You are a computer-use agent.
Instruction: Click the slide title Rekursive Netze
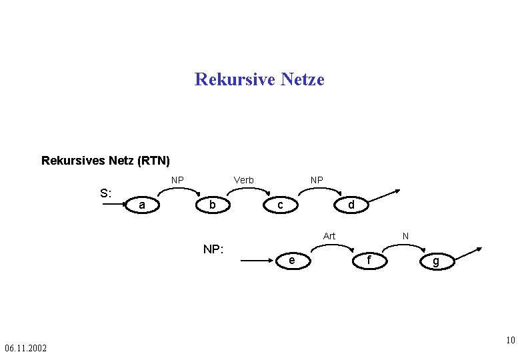[x=259, y=80]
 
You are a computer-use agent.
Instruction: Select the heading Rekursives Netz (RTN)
[x=105, y=161]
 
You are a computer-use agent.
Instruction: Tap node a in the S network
[x=142, y=205]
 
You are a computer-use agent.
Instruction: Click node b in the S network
[x=212, y=205]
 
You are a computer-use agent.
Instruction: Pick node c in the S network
[x=281, y=205]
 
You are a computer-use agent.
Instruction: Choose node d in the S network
[x=351, y=205]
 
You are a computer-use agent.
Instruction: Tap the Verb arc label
[x=243, y=180]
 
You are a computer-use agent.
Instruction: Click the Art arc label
[x=329, y=236]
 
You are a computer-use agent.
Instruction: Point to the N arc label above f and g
[x=405, y=236]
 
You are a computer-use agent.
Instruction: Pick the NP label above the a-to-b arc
[x=177, y=180]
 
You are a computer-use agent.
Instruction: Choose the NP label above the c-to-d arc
[x=317, y=180]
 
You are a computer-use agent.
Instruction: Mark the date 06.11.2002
[x=25, y=348]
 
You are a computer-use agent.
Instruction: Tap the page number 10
[x=510, y=341]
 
